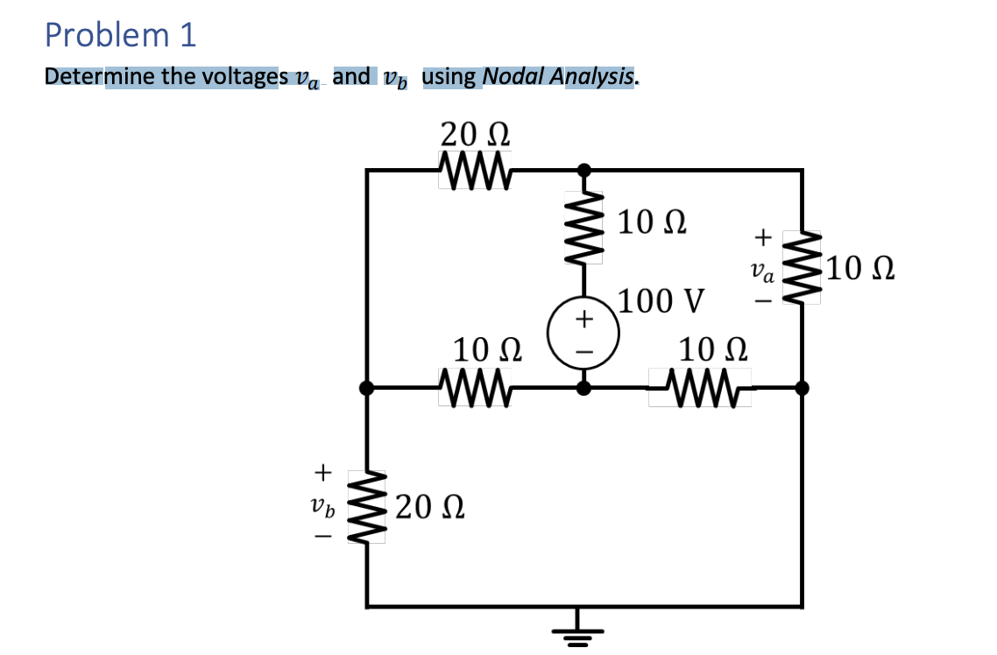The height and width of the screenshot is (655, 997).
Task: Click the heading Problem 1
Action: coord(121,35)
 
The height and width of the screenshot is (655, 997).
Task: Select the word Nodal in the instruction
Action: coord(513,77)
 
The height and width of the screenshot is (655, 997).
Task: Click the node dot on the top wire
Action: coord(584,169)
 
